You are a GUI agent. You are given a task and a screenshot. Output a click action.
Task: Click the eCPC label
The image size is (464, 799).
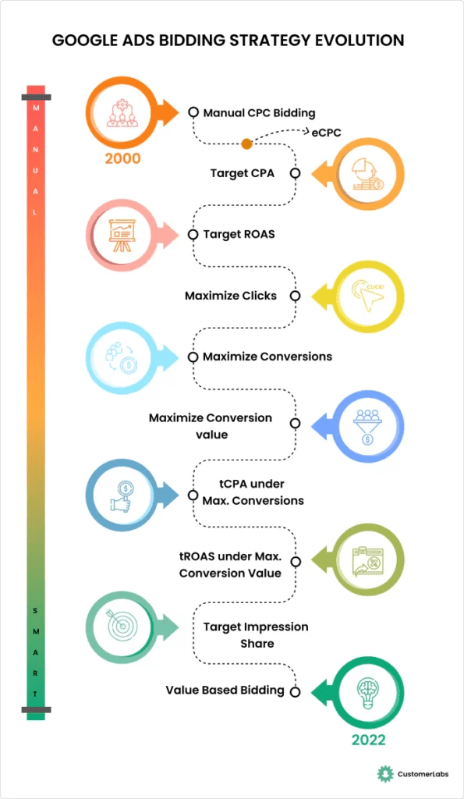click(x=325, y=133)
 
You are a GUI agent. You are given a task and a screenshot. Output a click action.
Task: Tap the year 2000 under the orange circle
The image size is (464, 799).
click(x=122, y=158)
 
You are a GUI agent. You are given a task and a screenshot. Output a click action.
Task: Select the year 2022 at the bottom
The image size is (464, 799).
click(x=368, y=738)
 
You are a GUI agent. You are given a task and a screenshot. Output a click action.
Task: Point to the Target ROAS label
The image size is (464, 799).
click(x=239, y=233)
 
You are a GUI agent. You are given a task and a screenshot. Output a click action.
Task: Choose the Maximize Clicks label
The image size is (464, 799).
click(x=230, y=296)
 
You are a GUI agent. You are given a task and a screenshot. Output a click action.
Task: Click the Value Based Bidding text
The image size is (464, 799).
click(x=225, y=691)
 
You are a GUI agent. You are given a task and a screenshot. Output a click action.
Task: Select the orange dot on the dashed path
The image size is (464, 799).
click(x=246, y=144)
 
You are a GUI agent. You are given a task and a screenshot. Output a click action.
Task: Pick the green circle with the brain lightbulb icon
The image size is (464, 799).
click(x=367, y=691)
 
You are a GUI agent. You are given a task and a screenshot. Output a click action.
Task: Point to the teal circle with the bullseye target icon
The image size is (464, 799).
click(x=122, y=626)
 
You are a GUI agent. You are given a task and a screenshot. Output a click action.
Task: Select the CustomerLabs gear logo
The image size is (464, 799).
click(x=383, y=773)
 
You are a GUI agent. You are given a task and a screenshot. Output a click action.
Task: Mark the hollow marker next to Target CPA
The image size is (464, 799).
click(x=295, y=173)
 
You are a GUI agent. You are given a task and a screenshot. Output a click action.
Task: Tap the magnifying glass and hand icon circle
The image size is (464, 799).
click(x=122, y=495)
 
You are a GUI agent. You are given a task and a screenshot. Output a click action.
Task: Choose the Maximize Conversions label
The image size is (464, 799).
click(x=267, y=357)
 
